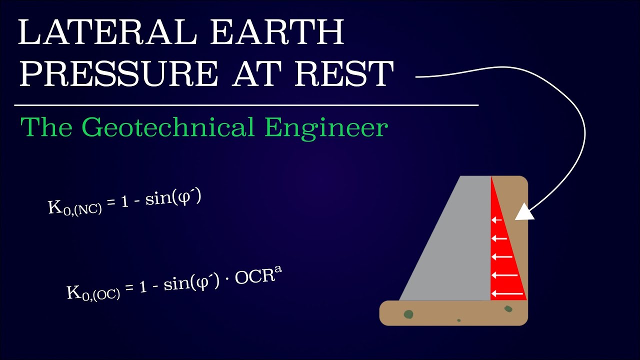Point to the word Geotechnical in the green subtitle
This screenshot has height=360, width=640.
[169, 127]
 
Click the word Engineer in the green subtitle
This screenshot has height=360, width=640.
[326, 127]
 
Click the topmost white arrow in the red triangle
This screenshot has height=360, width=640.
[496, 219]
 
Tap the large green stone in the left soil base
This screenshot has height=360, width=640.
[408, 314]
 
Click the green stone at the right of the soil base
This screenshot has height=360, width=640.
[508, 309]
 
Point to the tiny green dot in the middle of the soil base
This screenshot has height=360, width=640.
[458, 320]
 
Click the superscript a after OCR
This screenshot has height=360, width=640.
[271, 272]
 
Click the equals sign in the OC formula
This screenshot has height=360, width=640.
[130, 289]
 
